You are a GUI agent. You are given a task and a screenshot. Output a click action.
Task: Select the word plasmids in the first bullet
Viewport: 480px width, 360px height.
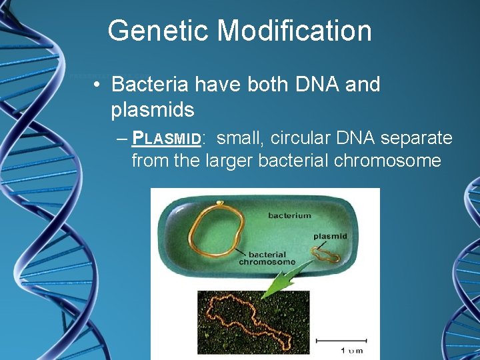coord(153,110)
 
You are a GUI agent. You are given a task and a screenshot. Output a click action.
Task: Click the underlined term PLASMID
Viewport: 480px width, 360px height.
coord(167,139)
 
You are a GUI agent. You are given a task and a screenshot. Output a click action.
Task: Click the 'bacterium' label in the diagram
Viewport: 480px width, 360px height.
coord(289,215)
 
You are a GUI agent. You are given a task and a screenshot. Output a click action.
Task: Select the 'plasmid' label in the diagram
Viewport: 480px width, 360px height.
coord(330,236)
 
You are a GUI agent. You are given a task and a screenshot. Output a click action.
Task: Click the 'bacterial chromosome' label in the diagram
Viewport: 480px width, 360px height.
coord(267,258)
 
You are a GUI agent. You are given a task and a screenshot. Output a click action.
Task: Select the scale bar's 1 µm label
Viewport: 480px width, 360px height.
coord(351,350)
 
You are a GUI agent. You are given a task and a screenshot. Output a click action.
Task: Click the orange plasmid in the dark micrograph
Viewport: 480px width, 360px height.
coord(250,323)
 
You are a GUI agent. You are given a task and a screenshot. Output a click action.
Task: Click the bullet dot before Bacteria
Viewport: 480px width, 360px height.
coord(97,85)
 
